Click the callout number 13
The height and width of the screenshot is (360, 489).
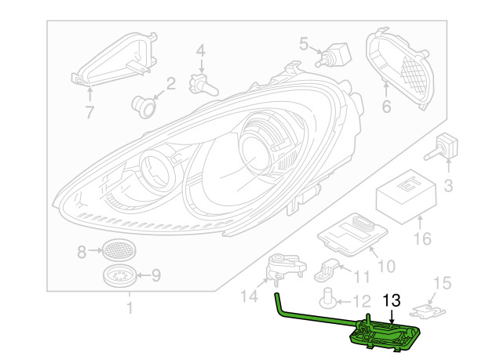coord(391,300)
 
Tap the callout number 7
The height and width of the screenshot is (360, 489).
coord(89,112)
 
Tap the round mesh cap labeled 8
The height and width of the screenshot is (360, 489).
coord(118,251)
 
